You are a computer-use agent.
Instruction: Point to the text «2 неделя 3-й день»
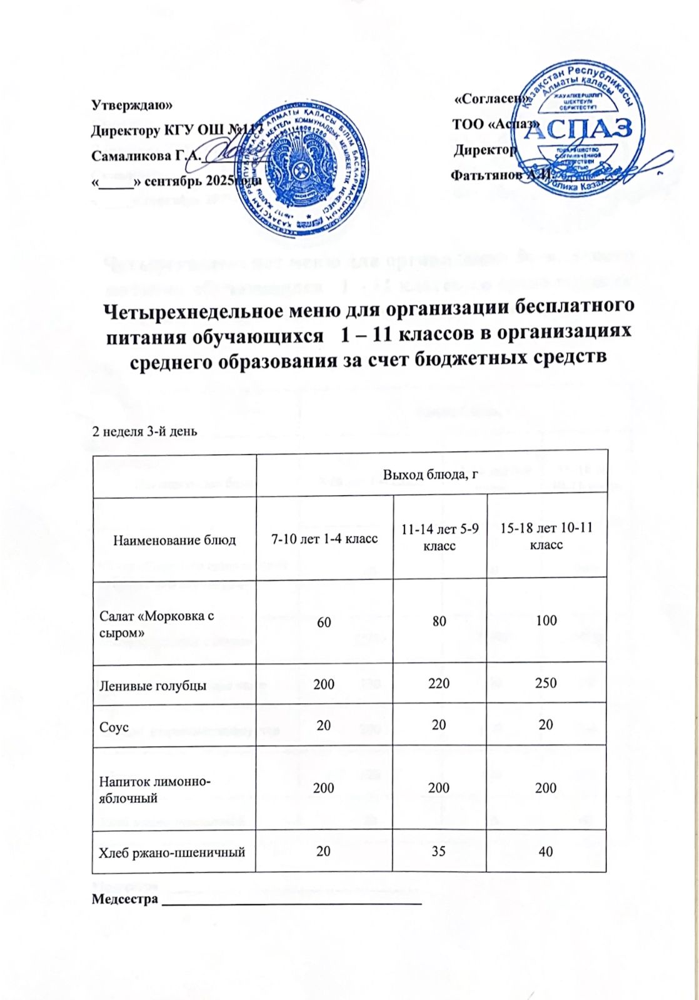click(145, 431)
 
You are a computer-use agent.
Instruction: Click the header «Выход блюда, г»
click(431, 474)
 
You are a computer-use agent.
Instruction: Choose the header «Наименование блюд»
click(174, 539)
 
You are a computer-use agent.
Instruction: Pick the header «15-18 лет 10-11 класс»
click(546, 537)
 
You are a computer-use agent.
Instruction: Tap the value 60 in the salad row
click(324, 620)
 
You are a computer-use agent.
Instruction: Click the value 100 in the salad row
click(546, 620)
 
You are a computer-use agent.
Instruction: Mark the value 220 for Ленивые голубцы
click(440, 684)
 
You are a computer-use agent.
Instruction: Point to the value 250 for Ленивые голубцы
click(546, 684)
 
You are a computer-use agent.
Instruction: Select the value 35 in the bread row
click(440, 850)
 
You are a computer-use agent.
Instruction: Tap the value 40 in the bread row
click(546, 850)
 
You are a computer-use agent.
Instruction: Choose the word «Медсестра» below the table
click(124, 900)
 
